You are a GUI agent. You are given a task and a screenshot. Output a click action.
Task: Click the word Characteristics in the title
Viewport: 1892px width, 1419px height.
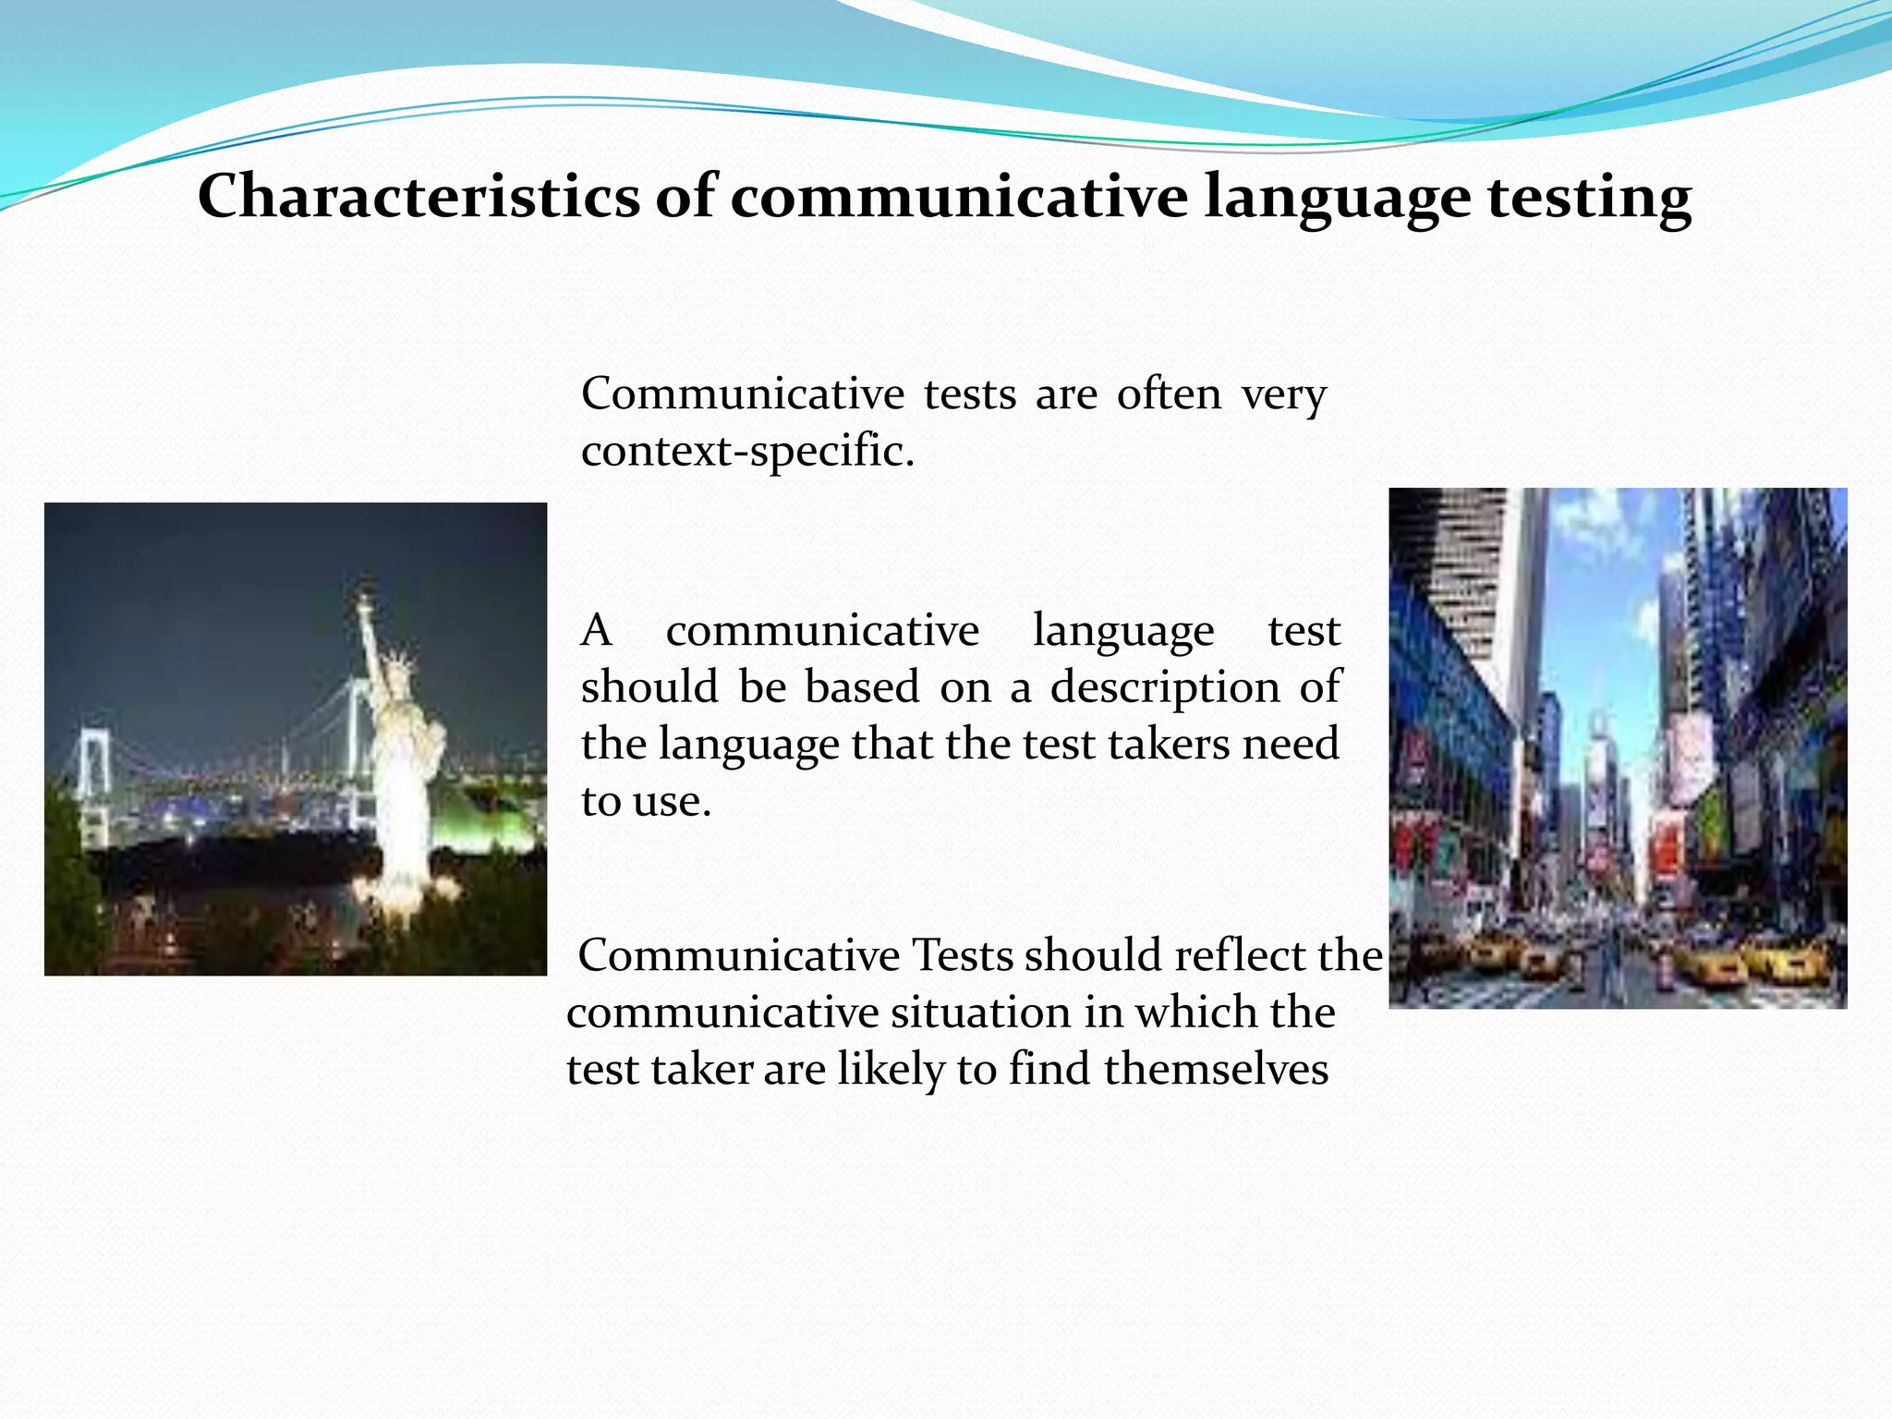coord(418,196)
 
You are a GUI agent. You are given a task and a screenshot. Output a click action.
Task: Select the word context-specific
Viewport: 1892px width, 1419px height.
coord(747,451)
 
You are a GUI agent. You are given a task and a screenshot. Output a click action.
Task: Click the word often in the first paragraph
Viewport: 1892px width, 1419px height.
coord(1169,394)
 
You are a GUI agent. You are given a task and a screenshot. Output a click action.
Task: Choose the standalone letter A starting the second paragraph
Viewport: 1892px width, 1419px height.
coord(596,631)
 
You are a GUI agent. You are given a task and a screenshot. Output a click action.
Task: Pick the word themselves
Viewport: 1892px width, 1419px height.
coord(1215,1069)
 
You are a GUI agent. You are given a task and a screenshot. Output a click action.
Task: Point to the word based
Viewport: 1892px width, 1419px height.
coord(862,687)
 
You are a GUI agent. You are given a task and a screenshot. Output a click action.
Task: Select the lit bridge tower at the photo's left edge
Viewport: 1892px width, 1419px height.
coord(91,767)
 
